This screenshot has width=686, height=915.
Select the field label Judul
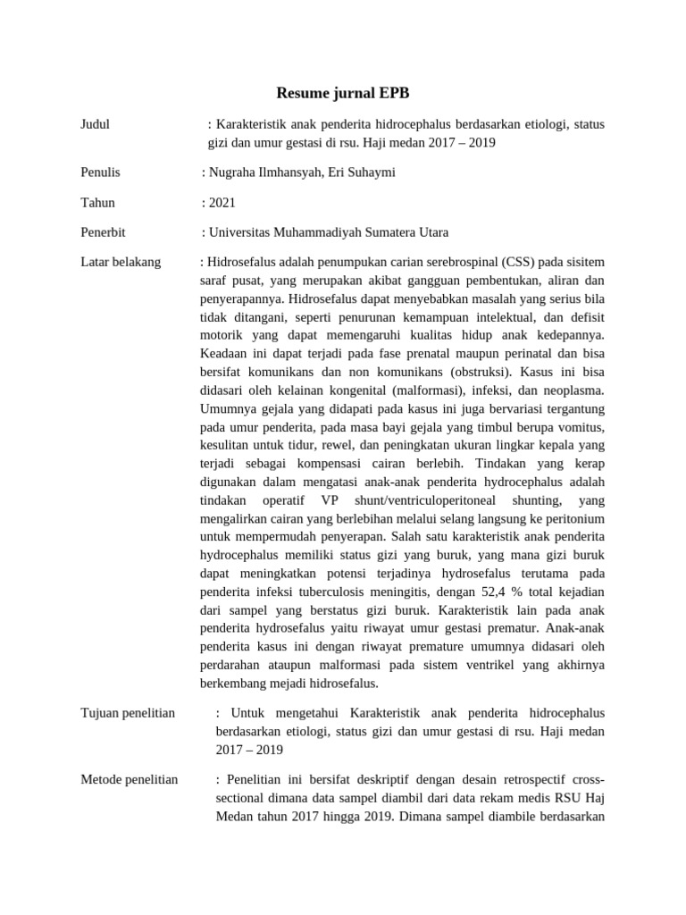point(95,124)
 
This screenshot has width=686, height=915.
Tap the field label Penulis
point(100,172)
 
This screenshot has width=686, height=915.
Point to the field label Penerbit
point(103,232)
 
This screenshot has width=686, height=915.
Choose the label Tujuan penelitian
point(127,713)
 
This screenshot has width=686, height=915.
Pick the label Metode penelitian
point(129,779)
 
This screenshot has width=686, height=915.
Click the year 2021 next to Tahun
point(222,203)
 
